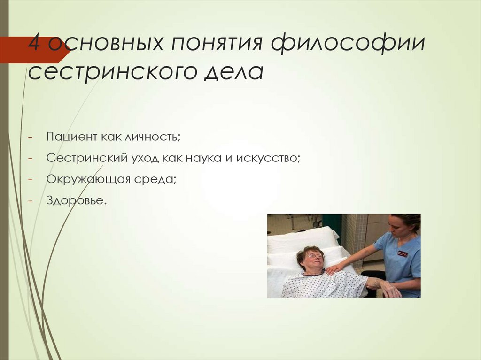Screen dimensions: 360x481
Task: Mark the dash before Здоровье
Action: click(30, 201)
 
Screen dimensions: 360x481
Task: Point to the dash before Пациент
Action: click(30, 137)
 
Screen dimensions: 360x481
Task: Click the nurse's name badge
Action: click(402, 254)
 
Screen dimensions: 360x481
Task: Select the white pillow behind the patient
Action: click(303, 239)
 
